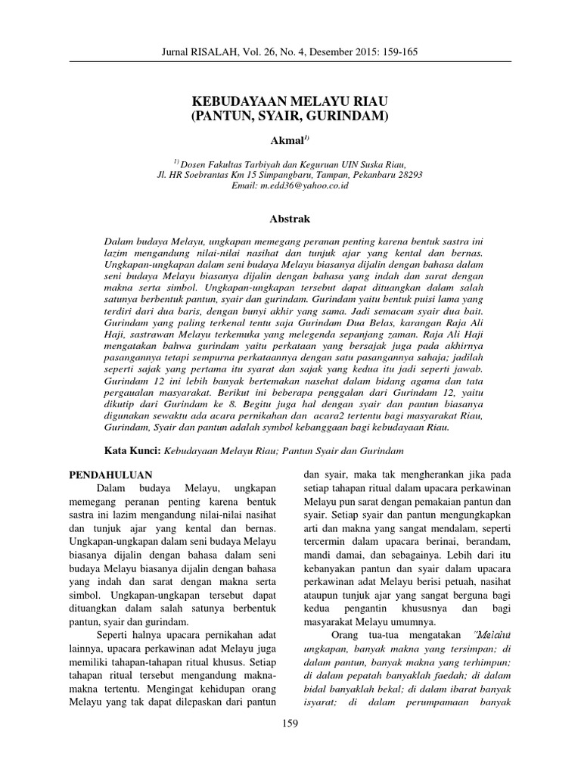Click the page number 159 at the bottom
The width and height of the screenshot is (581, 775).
(290, 724)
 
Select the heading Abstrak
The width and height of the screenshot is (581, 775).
(290, 219)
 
